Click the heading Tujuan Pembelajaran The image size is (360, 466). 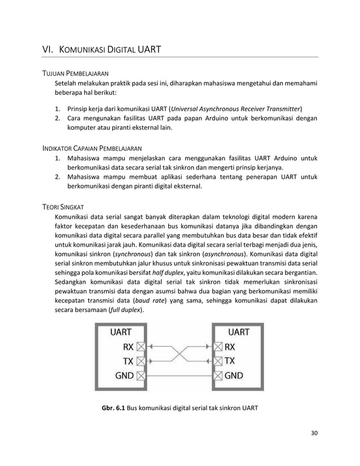tap(76, 74)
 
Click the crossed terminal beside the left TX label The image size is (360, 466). tap(141, 360)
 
